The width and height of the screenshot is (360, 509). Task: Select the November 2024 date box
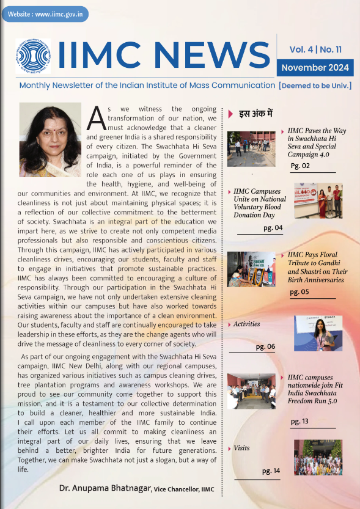[315, 67]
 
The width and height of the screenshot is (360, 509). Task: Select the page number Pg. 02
[300, 166]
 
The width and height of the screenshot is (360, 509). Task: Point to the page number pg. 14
[270, 471]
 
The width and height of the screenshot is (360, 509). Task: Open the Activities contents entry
[246, 324]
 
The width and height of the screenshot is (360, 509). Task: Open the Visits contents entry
[241, 448]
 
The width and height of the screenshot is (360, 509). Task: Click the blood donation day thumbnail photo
[318, 200]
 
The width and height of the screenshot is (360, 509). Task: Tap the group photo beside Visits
[318, 457]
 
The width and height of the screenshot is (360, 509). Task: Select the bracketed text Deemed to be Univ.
[315, 86]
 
